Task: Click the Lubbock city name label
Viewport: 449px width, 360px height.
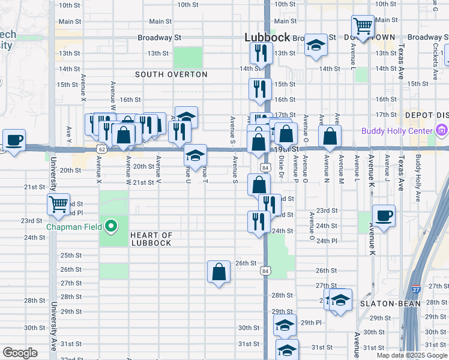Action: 268,37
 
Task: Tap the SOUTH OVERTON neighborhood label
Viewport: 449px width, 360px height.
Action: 171,75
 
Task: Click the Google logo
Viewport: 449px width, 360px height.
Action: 20,353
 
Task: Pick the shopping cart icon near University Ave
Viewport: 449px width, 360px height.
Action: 59,204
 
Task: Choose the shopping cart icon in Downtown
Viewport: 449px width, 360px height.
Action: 363,26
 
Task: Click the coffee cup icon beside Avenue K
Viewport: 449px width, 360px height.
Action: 384,215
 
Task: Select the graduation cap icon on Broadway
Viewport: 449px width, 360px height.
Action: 315,45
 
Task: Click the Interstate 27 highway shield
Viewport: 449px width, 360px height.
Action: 416,289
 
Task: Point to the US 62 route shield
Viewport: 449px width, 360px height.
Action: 102,148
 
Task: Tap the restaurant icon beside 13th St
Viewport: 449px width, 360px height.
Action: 261,53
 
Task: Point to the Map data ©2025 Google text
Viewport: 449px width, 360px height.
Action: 412,355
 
